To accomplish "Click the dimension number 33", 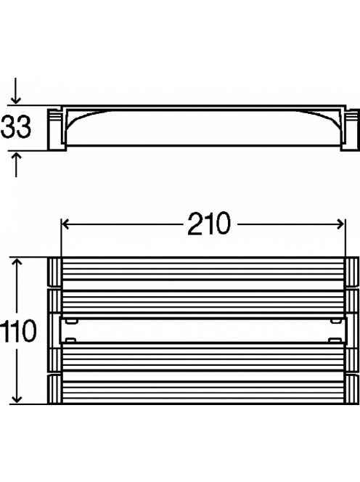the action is [16, 127].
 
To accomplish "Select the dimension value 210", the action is [209, 224].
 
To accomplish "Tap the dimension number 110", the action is [18, 331].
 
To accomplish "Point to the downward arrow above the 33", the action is [16, 91].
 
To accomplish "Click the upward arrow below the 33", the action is [16, 164].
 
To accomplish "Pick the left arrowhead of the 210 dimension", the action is [65, 224].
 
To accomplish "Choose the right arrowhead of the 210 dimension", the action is [340, 224].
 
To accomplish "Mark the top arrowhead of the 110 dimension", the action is [17, 262].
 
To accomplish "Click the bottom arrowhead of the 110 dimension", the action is [17, 399].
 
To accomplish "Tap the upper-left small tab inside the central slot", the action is [70, 322].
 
